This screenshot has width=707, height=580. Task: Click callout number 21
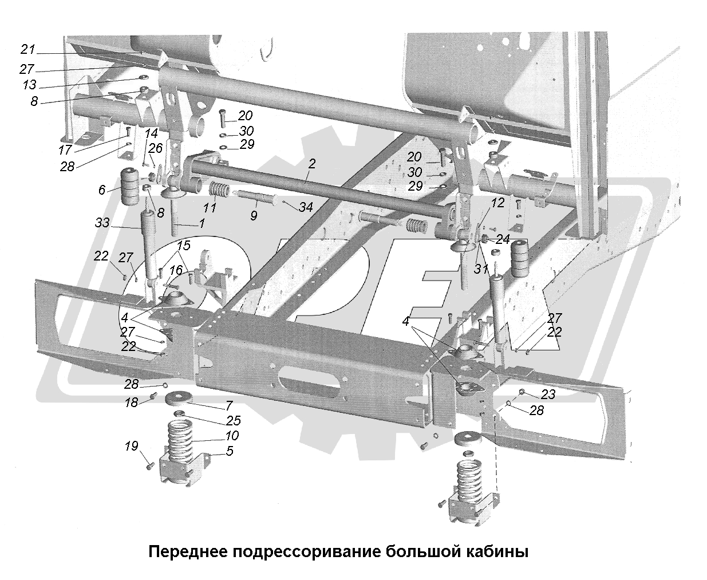(x=28, y=49)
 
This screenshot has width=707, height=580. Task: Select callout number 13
(x=29, y=85)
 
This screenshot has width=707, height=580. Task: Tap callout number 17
(x=65, y=151)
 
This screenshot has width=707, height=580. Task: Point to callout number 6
(x=102, y=190)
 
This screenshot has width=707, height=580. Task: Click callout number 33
(x=102, y=223)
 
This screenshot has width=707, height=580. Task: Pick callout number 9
(x=254, y=215)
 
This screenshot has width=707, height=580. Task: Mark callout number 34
(x=306, y=207)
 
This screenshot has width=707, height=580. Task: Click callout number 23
(x=548, y=394)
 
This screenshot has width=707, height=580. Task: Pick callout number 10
(x=232, y=436)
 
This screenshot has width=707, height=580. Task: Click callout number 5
(x=230, y=451)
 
